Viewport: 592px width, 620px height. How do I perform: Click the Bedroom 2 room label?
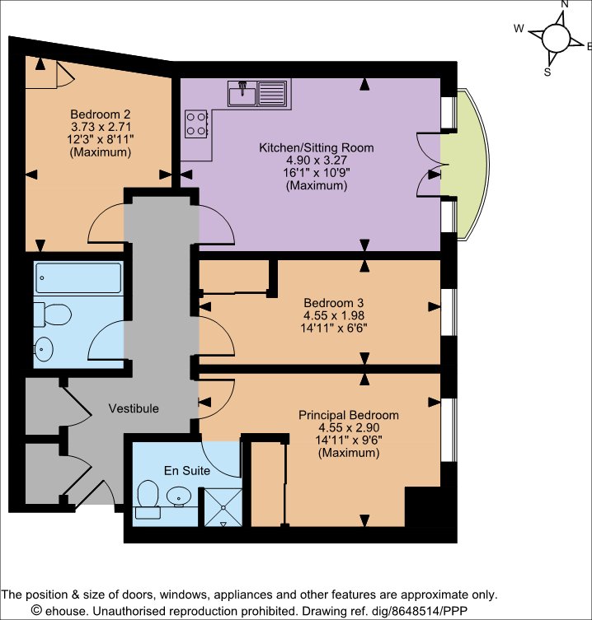pyautogui.click(x=101, y=114)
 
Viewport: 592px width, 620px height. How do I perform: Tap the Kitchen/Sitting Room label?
pyautogui.click(x=317, y=147)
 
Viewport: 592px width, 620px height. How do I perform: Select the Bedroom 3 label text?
pyautogui.click(x=333, y=303)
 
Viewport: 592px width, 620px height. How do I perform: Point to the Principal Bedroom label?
pyautogui.click(x=349, y=415)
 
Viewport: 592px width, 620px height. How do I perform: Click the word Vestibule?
pyautogui.click(x=134, y=408)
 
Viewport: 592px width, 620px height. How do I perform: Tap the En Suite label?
pyautogui.click(x=187, y=470)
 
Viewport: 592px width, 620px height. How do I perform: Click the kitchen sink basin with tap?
pyautogui.click(x=242, y=93)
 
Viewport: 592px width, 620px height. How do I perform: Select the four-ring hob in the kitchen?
pyautogui.click(x=196, y=124)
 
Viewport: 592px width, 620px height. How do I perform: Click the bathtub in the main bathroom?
pyautogui.click(x=78, y=277)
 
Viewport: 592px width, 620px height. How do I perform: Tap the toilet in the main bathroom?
pyautogui.click(x=52, y=315)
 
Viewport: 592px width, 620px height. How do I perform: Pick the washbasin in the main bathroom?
pyautogui.click(x=43, y=349)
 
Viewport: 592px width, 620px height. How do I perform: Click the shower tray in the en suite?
pyautogui.click(x=223, y=507)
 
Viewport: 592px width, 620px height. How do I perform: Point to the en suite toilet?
pyautogui.click(x=148, y=499)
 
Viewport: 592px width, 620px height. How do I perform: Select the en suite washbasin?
pyautogui.click(x=179, y=496)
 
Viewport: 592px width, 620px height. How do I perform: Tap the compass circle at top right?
pyautogui.click(x=556, y=39)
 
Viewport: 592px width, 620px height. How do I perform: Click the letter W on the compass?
pyautogui.click(x=519, y=29)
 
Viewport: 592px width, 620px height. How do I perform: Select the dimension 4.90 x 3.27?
pyautogui.click(x=317, y=160)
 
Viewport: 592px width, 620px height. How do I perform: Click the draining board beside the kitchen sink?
pyautogui.click(x=271, y=93)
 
